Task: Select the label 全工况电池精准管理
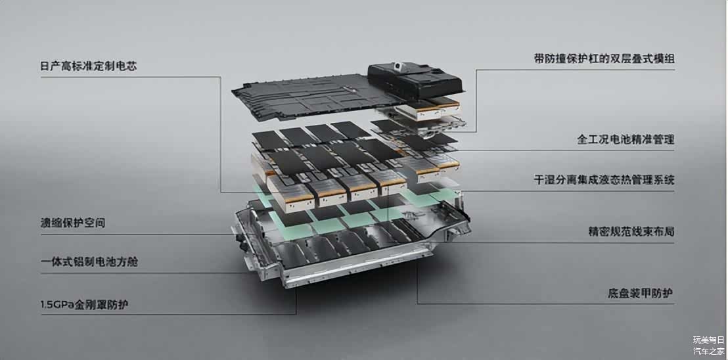tap(626, 140)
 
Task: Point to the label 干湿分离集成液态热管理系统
tap(604, 179)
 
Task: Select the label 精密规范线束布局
tap(631, 232)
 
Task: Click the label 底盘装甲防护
tap(641, 294)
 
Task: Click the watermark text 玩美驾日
tap(709, 340)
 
